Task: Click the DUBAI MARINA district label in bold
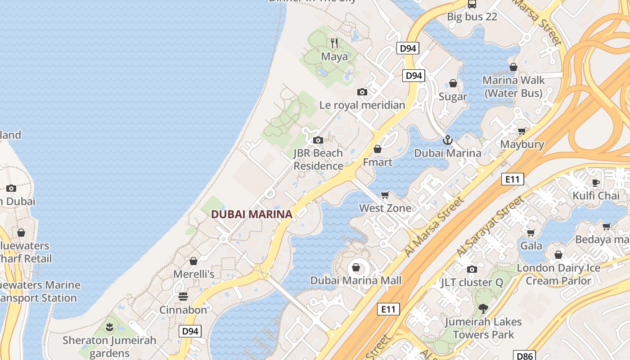click(252, 215)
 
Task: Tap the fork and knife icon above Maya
click(334, 43)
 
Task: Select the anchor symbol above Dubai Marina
click(447, 140)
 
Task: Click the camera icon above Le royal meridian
click(362, 92)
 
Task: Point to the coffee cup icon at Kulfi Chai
click(596, 183)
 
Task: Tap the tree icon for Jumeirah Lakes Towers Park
click(483, 309)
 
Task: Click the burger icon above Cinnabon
click(183, 297)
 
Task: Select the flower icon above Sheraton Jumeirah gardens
click(109, 327)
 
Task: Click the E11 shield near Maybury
click(513, 180)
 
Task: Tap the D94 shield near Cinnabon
click(190, 332)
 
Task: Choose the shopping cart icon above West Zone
click(385, 195)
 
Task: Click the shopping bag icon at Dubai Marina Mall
click(356, 268)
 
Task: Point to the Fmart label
click(378, 162)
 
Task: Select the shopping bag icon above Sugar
click(453, 84)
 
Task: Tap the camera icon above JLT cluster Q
click(472, 269)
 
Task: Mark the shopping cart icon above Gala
click(531, 233)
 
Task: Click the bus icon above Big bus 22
click(472, 4)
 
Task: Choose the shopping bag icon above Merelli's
click(193, 261)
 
